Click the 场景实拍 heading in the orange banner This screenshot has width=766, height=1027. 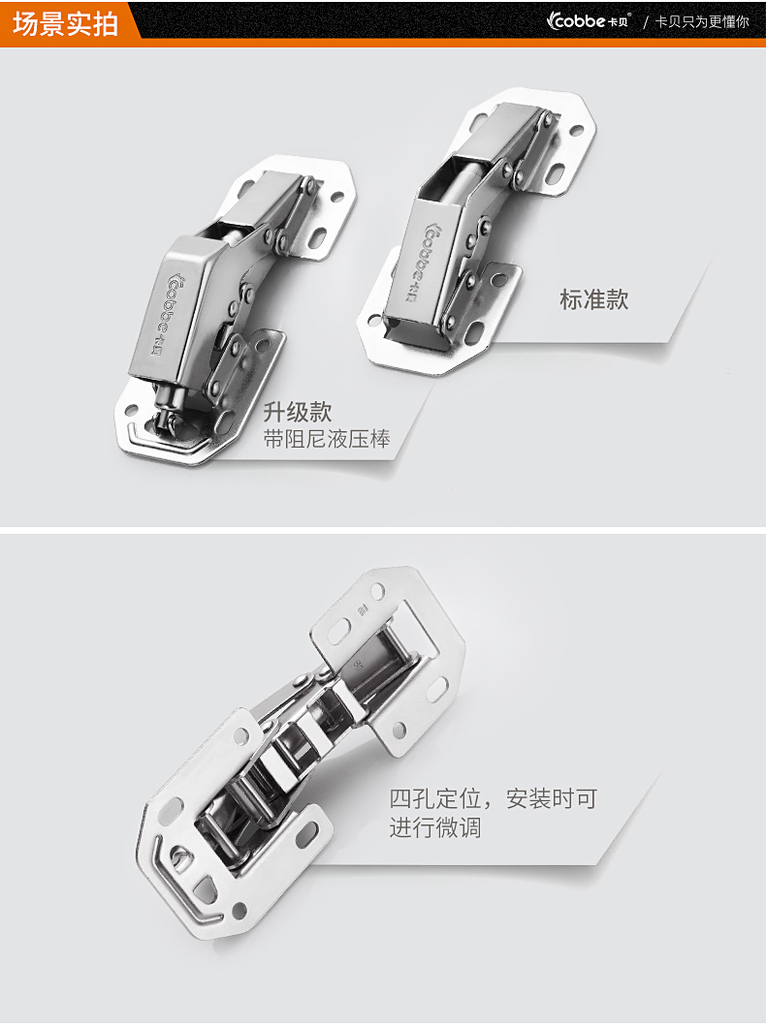[x=65, y=23]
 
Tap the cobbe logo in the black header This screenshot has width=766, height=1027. [x=588, y=21]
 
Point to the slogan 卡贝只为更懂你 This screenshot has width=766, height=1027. [x=702, y=21]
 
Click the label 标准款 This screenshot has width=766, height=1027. [x=593, y=299]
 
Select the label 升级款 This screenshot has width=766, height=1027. [x=298, y=412]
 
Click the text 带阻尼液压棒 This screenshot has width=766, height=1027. [x=327, y=439]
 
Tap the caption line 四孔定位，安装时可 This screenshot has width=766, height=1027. [x=493, y=799]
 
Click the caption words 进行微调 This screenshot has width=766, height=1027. [x=435, y=827]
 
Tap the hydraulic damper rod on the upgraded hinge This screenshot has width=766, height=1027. [x=167, y=407]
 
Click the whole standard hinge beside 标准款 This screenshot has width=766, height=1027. [x=477, y=231]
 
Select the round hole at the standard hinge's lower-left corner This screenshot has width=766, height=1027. [x=374, y=321]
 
